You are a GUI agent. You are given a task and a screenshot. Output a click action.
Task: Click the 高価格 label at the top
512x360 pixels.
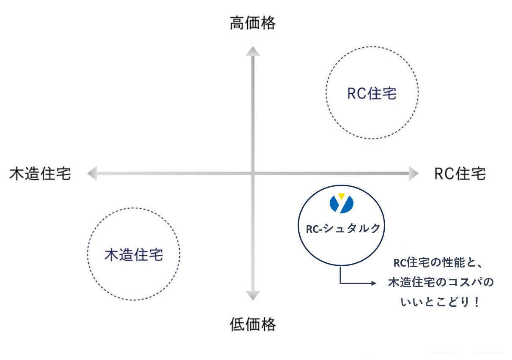(x=252, y=24)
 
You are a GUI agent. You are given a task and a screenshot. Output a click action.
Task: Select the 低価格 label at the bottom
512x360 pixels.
(x=252, y=325)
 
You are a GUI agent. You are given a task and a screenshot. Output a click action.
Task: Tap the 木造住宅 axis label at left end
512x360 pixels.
(x=40, y=174)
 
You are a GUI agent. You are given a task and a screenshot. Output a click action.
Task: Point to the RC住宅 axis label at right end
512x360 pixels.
(x=460, y=174)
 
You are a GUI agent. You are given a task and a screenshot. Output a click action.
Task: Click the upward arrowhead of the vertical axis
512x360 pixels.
(x=253, y=51)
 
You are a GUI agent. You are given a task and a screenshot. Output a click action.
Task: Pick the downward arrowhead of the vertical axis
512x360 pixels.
(x=253, y=295)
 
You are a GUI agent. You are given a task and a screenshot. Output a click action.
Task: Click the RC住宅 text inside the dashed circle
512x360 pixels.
(x=372, y=93)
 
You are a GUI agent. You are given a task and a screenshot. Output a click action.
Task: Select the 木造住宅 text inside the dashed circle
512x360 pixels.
(x=134, y=255)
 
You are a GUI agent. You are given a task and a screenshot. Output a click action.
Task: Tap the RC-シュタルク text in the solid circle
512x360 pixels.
(x=343, y=228)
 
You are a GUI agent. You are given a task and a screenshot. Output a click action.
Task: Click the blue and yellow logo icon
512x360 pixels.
(x=342, y=203)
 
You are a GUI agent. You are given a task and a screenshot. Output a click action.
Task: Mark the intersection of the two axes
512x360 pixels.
(x=253, y=173)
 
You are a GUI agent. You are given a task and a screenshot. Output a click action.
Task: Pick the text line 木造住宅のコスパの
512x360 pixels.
(x=441, y=283)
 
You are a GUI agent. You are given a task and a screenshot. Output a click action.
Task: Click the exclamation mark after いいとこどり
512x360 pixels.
(x=477, y=303)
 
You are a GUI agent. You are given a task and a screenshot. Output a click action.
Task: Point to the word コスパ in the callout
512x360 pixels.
(x=467, y=283)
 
